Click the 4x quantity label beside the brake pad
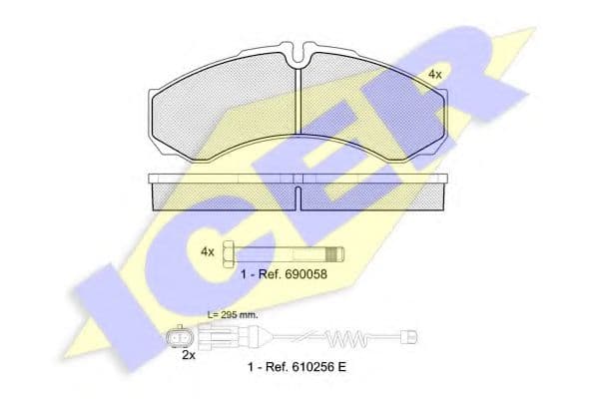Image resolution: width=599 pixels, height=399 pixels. (434, 75)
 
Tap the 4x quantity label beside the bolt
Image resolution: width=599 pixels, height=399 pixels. (208, 252)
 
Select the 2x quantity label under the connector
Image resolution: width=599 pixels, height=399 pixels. (189, 355)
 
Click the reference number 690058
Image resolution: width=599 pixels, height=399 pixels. (304, 274)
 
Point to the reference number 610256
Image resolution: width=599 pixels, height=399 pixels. (310, 367)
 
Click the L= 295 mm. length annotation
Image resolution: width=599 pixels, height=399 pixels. (233, 315)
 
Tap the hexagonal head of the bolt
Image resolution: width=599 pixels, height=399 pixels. (229, 254)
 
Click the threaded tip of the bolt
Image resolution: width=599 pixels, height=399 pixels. (336, 254)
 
